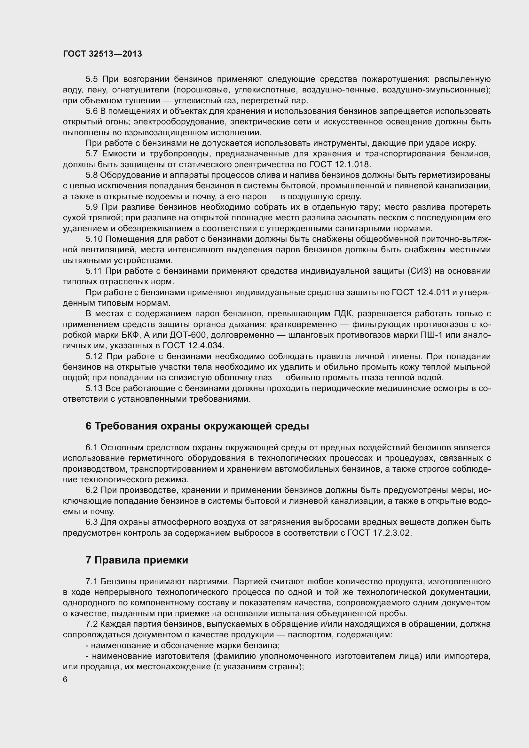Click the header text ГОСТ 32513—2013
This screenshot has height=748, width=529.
(102, 54)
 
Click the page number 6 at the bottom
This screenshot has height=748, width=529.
(65, 680)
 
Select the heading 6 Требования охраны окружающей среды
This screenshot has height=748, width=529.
(197, 426)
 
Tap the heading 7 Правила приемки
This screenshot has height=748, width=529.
(137, 560)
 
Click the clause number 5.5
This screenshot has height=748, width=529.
(91, 79)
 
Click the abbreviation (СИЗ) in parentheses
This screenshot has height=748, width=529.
(419, 271)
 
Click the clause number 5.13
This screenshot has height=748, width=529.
(94, 388)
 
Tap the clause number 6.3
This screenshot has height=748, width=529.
(91, 522)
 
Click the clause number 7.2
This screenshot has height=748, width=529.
(91, 624)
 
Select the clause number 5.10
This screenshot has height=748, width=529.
(94, 239)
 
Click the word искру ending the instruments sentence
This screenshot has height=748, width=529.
(463, 143)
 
